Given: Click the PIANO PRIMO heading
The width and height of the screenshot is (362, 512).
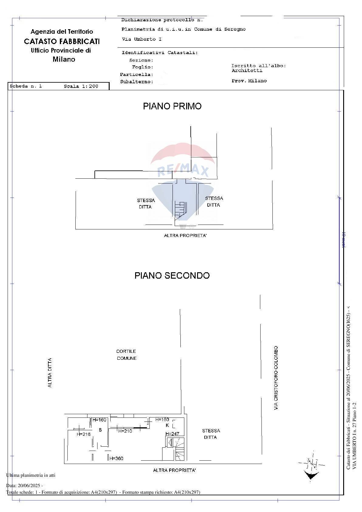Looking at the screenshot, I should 172,106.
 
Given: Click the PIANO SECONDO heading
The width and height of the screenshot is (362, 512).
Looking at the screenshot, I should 172,276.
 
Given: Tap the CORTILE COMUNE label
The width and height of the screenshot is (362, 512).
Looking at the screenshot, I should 126,355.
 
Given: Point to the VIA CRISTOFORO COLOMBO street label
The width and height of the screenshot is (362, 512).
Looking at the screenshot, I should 276,378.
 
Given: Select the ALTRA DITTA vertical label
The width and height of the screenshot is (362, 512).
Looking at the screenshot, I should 50,373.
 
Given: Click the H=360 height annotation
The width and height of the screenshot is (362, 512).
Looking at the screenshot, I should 116,458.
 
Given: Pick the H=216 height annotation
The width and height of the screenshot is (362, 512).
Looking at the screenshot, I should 84,434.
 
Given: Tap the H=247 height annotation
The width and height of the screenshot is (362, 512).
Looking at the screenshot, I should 172,434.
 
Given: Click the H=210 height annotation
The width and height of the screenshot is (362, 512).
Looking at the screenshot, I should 125,431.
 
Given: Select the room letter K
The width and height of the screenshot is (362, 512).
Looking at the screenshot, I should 167,425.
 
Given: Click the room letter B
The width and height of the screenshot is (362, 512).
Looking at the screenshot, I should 100,430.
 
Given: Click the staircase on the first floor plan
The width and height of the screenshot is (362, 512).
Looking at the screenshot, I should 180,210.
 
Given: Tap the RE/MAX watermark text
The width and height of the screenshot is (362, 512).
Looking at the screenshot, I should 183,171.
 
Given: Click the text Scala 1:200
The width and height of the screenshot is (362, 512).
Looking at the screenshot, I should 81,86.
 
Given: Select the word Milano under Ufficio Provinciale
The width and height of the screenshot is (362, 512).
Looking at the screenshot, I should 64,59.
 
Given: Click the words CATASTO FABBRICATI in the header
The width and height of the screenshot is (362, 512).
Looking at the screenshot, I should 62,41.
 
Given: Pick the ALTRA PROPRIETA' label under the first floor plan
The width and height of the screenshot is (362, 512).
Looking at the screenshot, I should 185,235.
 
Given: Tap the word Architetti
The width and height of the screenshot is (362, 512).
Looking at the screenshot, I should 247,70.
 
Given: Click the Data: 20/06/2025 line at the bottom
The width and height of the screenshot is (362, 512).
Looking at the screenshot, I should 24,486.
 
